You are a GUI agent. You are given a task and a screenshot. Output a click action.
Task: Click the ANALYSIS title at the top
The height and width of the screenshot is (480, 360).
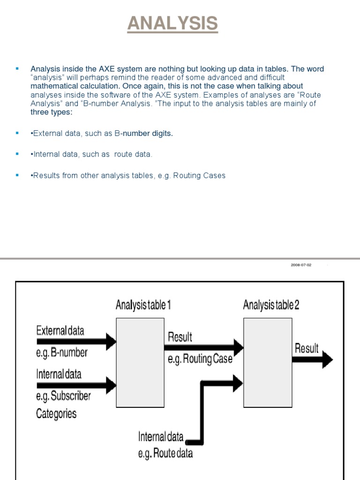click(x=172, y=23)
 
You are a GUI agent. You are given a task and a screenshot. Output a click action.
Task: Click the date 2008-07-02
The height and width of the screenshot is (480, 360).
click(x=301, y=265)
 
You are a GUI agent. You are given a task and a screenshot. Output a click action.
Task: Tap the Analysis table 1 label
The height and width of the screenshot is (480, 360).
click(x=143, y=305)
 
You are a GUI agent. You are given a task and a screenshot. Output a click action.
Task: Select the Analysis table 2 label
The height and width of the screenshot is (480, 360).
click(x=271, y=305)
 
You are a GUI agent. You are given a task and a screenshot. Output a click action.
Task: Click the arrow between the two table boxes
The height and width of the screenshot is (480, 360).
click(x=203, y=347)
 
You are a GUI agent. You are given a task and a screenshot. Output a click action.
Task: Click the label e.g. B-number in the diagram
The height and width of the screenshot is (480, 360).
click(x=61, y=353)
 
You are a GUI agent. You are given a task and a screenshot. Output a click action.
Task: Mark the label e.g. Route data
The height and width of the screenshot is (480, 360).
click(x=165, y=454)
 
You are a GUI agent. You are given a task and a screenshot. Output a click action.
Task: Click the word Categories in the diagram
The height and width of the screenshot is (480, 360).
click(x=56, y=414)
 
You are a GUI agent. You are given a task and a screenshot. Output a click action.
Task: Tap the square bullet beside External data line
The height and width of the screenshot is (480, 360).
click(x=17, y=133)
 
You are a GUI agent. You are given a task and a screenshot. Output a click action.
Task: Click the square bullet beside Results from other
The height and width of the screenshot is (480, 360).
click(x=17, y=175)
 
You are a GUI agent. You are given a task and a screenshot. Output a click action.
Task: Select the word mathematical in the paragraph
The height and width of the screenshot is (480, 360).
click(x=53, y=86)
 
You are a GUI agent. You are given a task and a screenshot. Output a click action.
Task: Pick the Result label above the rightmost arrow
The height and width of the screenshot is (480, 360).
click(x=307, y=348)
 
